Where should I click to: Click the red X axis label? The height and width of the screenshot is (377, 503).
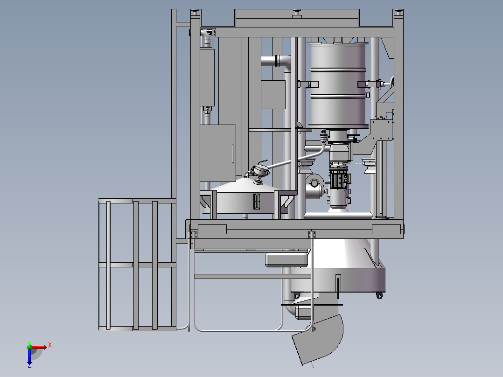click(50, 345)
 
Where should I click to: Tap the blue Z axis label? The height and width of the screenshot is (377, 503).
click(29, 365)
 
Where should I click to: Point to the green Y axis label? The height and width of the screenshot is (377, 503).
click(29, 343)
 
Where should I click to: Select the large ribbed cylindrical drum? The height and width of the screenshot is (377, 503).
click(338, 85)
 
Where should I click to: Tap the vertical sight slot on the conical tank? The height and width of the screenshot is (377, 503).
click(257, 202)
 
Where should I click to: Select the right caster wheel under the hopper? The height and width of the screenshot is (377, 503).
click(379, 295)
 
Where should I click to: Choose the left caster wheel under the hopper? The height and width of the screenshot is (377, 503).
click(296, 295)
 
